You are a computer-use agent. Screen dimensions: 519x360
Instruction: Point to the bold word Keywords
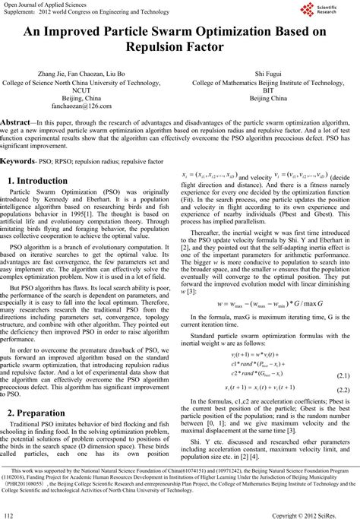pyautogui.click(x=17, y=162)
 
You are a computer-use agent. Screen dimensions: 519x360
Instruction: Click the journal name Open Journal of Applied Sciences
pyautogui.click(x=47, y=5)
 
